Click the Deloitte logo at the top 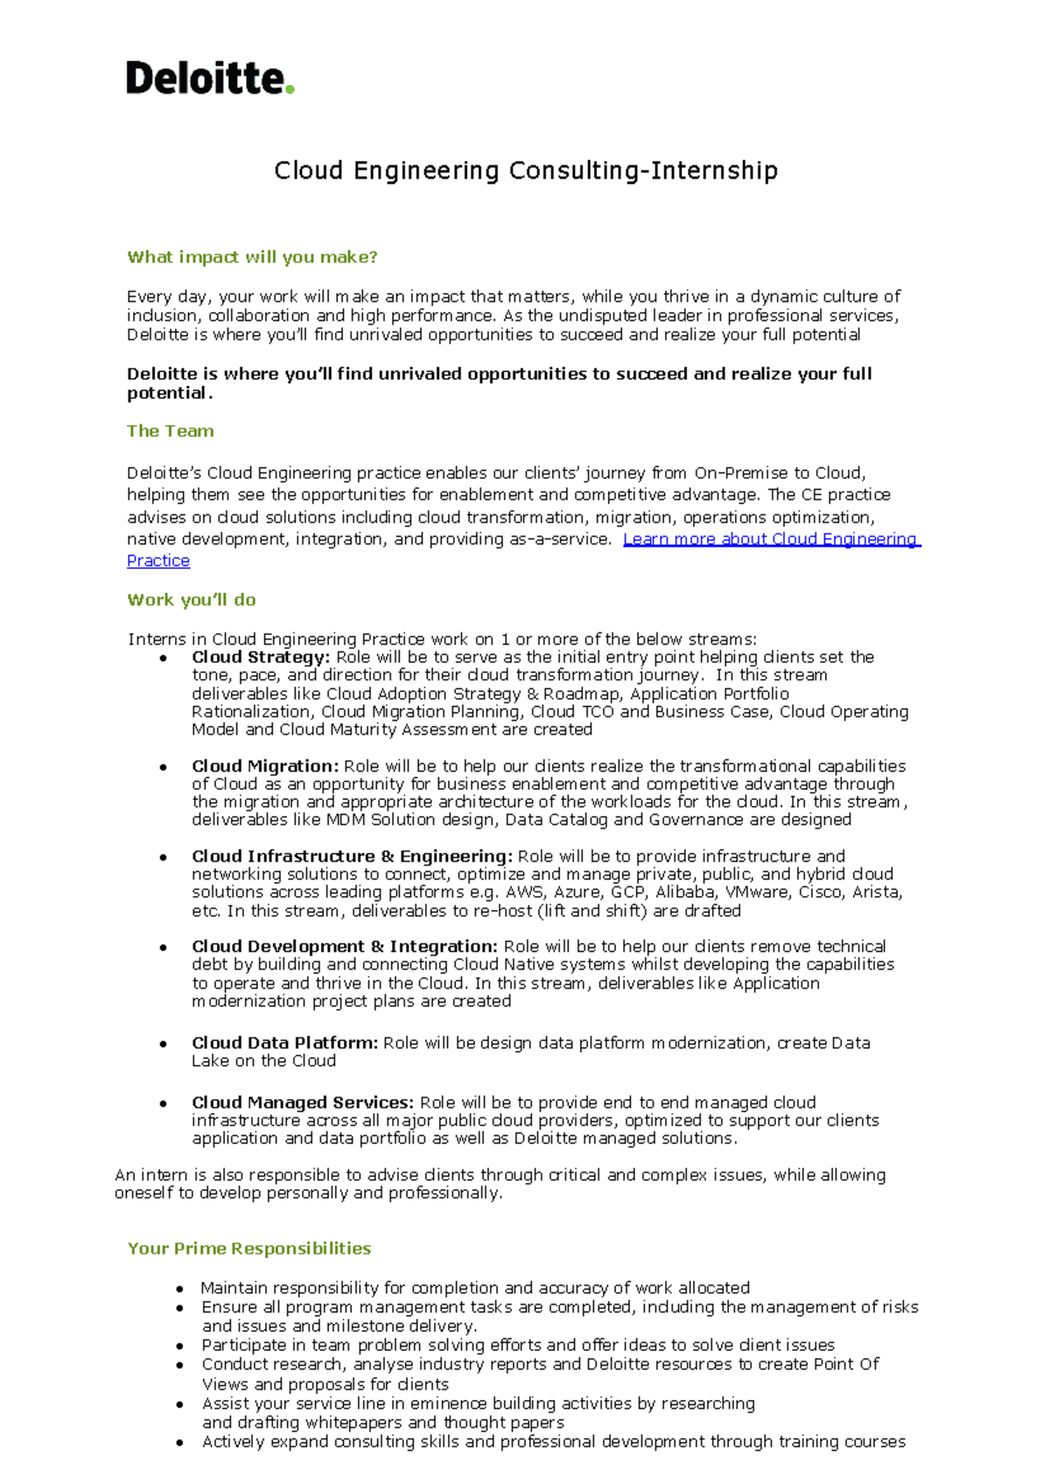click(x=209, y=78)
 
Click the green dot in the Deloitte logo click(x=290, y=88)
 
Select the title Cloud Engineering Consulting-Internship click(x=525, y=170)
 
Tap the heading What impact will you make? click(x=252, y=257)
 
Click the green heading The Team click(x=170, y=430)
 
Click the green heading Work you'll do click(x=191, y=599)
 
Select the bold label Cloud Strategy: click(x=260, y=657)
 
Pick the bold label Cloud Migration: click(x=264, y=766)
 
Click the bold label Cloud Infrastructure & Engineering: click(x=351, y=856)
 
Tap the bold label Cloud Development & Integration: click(x=344, y=946)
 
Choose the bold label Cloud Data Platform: click(x=284, y=1043)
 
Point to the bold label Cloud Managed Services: click(x=302, y=1102)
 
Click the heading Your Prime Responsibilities click(x=248, y=1249)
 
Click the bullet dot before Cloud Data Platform click(x=164, y=1044)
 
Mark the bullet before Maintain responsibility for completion click(x=179, y=1289)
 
